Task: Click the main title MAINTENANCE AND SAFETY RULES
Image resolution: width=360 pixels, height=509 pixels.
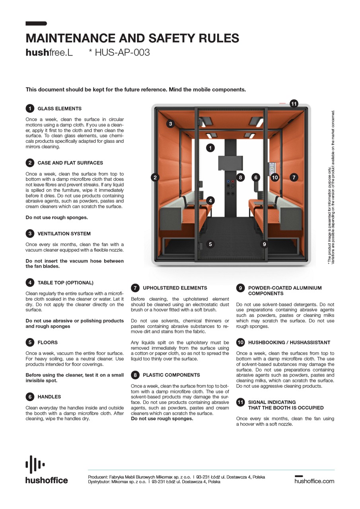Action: pos(132,38)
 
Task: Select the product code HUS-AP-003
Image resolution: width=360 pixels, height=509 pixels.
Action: pos(119,52)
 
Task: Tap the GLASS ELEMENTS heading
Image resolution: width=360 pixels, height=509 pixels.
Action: pos(59,109)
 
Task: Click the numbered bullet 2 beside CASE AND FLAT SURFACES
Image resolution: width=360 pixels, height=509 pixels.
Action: pos(30,163)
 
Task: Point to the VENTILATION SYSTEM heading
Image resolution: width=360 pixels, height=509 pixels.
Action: pos(64,233)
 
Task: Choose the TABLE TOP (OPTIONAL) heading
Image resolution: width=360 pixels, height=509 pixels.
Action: pos(65,283)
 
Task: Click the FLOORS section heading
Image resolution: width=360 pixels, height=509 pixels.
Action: pos(47,342)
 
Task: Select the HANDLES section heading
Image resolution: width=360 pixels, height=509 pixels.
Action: pos(49,397)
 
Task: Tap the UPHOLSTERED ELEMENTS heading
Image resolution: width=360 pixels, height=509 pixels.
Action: pos(175,288)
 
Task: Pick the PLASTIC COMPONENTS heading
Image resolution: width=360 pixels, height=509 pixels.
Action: pos(171,375)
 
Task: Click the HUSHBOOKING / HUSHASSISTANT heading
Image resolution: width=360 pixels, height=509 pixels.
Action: pos(289,342)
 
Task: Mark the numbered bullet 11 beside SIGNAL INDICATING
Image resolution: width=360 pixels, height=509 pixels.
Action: pos(240,402)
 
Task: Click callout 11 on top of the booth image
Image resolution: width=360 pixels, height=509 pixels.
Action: pos(294,104)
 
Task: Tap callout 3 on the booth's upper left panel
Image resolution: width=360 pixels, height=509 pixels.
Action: pos(170,124)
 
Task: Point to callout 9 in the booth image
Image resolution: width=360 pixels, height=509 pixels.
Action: pos(264,244)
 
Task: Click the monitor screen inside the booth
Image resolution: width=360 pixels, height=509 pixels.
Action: pos(230,163)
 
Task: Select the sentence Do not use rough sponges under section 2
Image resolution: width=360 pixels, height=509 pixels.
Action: pos(56,218)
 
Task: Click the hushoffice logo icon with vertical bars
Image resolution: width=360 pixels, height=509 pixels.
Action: pos(35,464)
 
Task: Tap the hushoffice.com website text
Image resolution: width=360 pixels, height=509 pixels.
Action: pos(314,481)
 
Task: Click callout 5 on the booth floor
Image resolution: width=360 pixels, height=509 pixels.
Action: pos(210,244)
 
